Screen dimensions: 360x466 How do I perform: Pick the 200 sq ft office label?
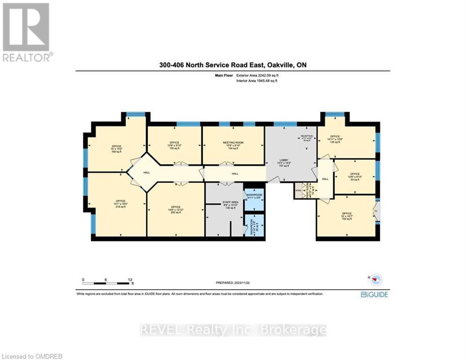pyautogui.click(x=175, y=210)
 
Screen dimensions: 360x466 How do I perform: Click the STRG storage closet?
pyautogui.click(x=298, y=191)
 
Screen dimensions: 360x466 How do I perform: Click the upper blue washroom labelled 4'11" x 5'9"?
pyautogui.click(x=254, y=196)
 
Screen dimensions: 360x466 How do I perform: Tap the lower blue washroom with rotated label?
pyautogui.click(x=253, y=226)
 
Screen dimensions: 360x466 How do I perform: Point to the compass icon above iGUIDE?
pyautogui.click(x=376, y=280)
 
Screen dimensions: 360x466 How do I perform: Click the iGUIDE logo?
pyautogui.click(x=374, y=294)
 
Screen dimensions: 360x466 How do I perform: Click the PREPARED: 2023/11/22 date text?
pyautogui.click(x=233, y=283)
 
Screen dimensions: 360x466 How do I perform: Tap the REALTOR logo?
pyautogui.click(x=27, y=32)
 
